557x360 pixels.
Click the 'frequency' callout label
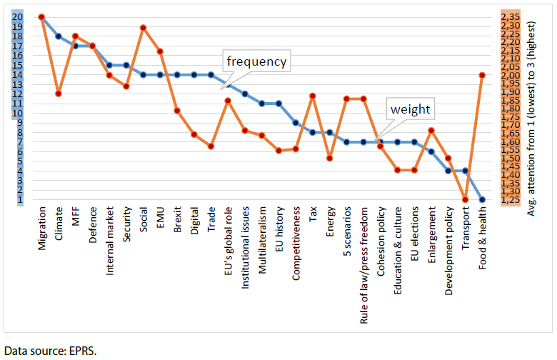256,61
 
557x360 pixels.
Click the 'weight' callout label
409,109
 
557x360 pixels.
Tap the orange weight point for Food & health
482,74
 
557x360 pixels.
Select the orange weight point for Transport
465,199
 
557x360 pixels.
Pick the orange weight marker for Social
143,28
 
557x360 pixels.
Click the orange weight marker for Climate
58,94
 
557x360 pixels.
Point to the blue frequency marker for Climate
58,36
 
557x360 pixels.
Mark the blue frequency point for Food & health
482,200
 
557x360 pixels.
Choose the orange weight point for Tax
312,95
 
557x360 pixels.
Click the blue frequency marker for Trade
211,74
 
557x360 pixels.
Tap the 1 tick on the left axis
19,200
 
